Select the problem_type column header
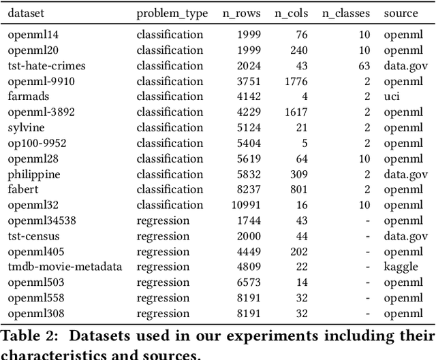point(170,13)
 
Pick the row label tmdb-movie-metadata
point(65,266)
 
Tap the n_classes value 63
point(364,65)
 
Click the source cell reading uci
point(391,96)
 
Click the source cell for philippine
point(405,174)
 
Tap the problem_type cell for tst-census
point(163,235)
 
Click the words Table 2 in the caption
point(26,336)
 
